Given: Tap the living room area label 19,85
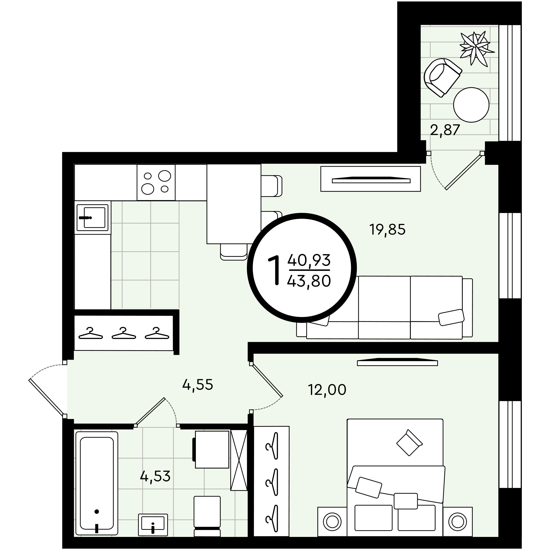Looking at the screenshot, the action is (387, 229).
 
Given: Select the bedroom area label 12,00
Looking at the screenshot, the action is (327, 390).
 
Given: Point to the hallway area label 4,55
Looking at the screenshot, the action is (198, 385).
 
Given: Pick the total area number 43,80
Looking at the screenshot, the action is (309, 281).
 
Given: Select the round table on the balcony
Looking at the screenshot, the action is (471, 105).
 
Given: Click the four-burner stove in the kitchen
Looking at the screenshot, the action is (156, 182).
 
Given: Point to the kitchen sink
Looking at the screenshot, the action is (92, 217).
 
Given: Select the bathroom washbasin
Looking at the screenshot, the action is (153, 525).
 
